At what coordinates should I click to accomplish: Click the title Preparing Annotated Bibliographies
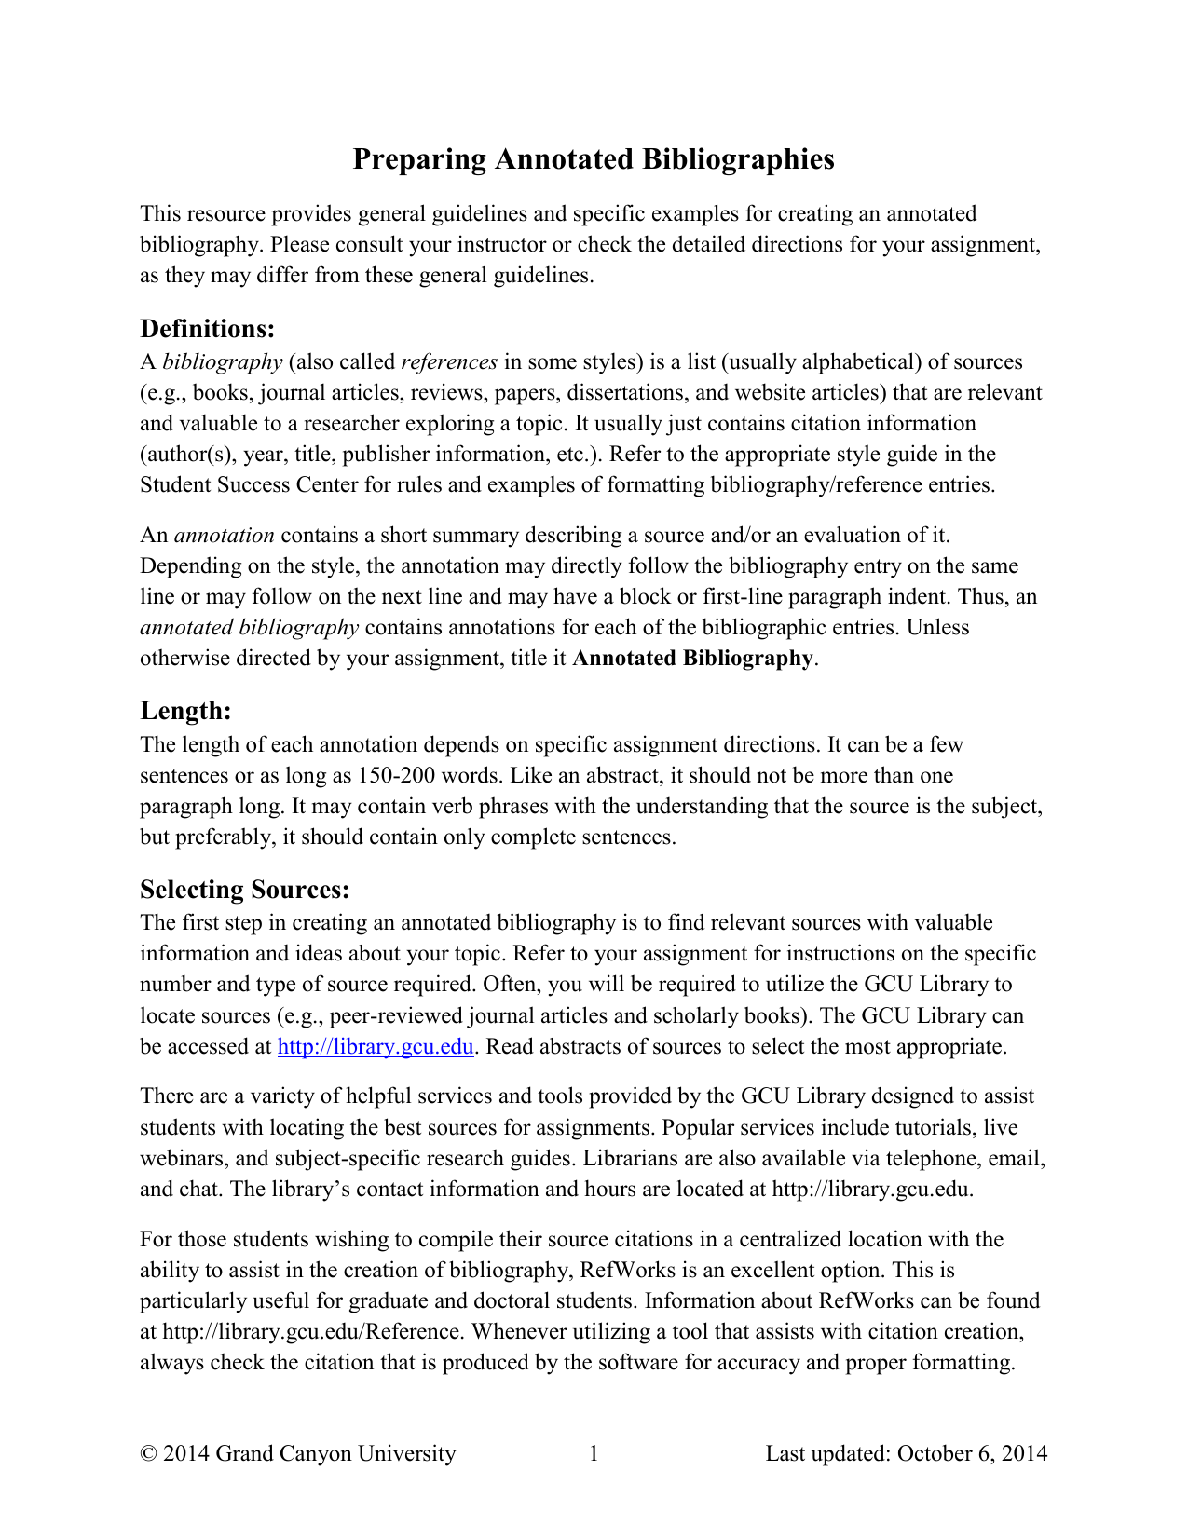click(x=593, y=159)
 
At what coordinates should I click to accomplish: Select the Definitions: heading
click(x=207, y=329)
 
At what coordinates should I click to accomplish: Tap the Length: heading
click(x=185, y=711)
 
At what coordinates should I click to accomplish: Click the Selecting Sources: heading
click(x=244, y=890)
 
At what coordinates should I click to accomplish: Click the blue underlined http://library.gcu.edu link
click(x=376, y=1046)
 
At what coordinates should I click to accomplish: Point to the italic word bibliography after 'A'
click(x=222, y=361)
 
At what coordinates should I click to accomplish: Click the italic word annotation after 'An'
click(x=224, y=535)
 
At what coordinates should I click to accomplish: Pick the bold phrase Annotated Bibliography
click(x=692, y=658)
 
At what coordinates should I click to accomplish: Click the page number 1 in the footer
click(x=594, y=1453)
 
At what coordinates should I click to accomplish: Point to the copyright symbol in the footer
click(x=147, y=1453)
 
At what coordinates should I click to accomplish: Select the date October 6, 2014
click(x=972, y=1453)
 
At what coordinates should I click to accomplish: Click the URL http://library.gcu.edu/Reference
click(x=311, y=1331)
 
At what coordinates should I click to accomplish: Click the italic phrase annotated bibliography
click(x=249, y=627)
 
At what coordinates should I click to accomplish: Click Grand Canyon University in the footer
click(x=335, y=1453)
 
